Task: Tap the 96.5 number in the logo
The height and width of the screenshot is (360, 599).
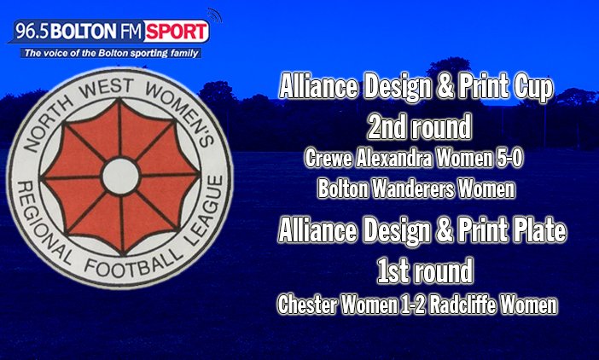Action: tap(29, 32)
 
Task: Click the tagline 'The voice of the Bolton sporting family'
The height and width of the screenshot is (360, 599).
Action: tap(112, 53)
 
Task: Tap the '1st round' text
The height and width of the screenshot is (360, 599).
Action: tap(424, 273)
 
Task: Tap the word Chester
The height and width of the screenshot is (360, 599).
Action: tap(307, 303)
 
